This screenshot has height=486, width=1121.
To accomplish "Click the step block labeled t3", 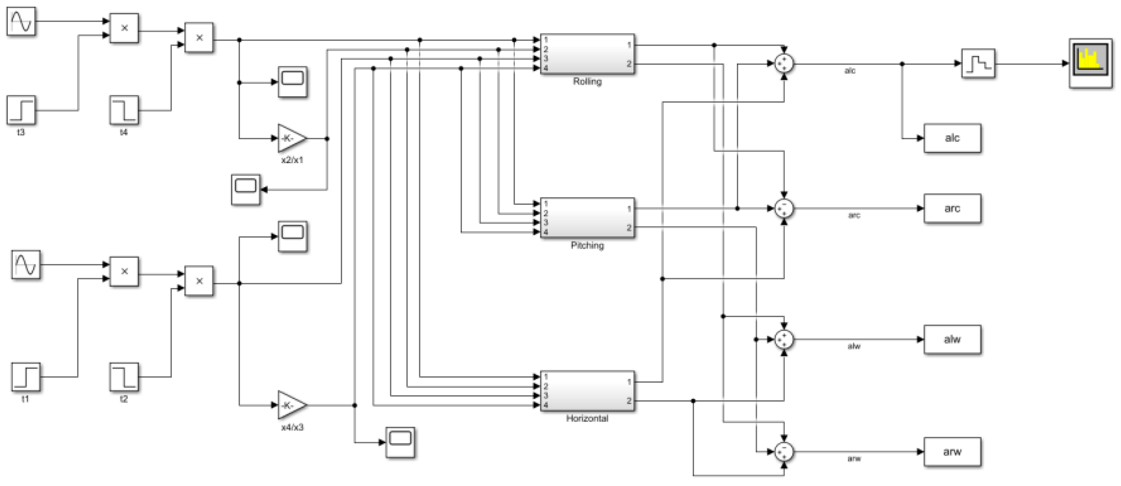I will tap(21, 110).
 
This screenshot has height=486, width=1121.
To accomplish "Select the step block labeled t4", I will tap(124, 110).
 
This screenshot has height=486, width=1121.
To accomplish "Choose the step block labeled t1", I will tap(26, 377).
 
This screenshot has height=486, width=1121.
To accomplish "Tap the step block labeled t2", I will tap(124, 377).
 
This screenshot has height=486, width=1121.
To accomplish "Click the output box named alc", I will tap(952, 138).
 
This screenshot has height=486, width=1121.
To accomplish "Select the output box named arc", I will tap(952, 208).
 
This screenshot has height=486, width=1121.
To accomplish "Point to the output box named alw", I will tap(952, 339).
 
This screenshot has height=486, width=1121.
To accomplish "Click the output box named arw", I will tap(952, 451).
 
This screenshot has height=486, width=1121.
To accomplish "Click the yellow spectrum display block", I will tap(1090, 63).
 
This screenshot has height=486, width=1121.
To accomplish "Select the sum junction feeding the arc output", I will tap(784, 208).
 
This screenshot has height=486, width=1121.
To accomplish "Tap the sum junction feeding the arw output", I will tap(784, 451).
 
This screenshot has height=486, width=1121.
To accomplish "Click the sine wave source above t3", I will tap(21, 21).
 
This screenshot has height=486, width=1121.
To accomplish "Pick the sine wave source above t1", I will tap(26, 264).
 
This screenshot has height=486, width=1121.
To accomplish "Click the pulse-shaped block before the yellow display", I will tap(978, 63).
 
